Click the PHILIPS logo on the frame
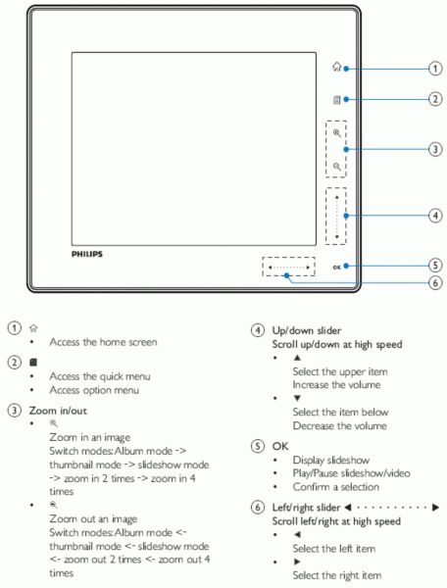point(87,254)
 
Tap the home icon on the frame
point(337,67)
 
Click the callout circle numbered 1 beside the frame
point(435,69)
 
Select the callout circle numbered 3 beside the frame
point(435,149)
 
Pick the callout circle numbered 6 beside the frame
point(435,282)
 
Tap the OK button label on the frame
point(336,267)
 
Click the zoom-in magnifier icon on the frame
point(337,133)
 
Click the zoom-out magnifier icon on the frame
point(337,167)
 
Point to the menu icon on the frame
point(337,100)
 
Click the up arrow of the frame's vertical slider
point(337,197)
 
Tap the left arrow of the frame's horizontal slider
point(270,268)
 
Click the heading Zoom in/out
point(58,411)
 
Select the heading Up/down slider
point(307,330)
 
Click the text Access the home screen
point(103,342)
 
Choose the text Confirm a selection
point(335,487)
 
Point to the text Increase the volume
point(336,385)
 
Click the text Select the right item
point(337,575)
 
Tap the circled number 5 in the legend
point(257,446)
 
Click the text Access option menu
point(94,390)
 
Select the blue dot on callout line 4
point(346,216)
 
